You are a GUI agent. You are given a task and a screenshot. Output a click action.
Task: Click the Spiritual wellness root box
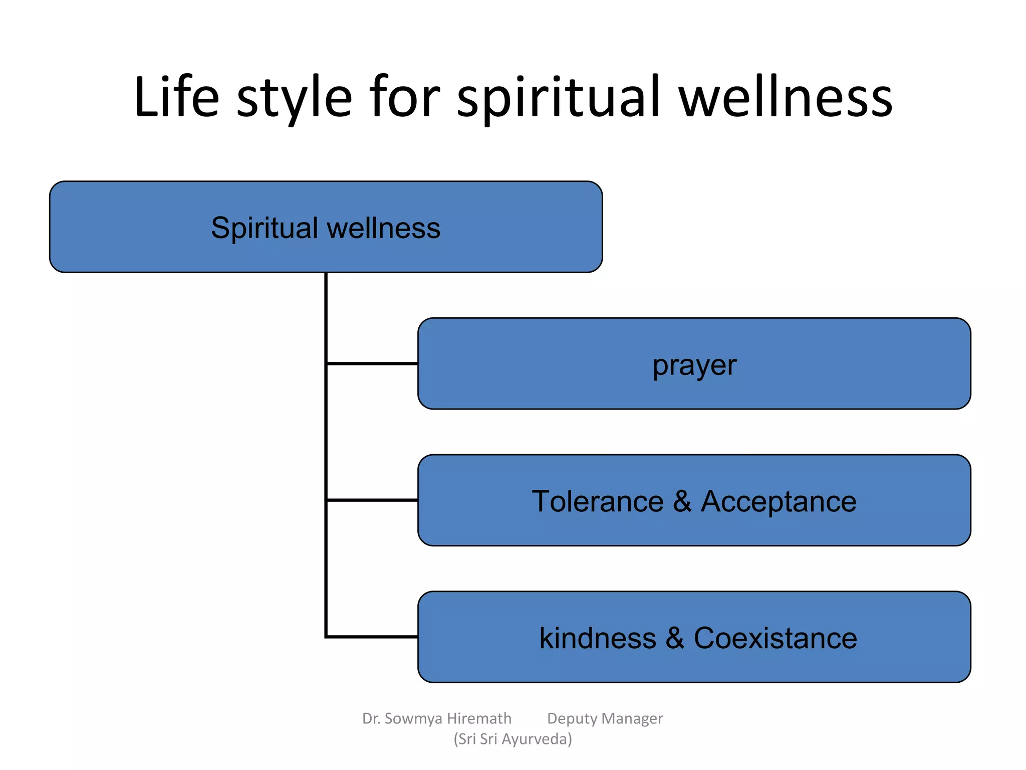[x=326, y=227]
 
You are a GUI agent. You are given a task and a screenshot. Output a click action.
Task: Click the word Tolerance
[x=597, y=501]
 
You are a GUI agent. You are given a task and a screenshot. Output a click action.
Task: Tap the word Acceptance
[x=779, y=501]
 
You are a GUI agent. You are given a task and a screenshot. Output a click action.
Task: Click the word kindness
[x=597, y=638]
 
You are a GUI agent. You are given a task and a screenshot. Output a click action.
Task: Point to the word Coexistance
[x=775, y=638]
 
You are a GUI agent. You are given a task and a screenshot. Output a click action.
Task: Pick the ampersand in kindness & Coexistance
[x=675, y=638]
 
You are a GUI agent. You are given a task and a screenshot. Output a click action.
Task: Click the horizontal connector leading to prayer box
[x=372, y=363]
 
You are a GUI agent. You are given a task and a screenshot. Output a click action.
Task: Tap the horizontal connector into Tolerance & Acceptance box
[x=372, y=500]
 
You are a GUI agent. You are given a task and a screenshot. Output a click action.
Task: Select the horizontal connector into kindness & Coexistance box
[x=372, y=637]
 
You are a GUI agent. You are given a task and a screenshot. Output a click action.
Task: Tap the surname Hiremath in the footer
[x=479, y=718]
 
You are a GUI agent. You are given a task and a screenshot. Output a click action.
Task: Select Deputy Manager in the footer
[x=605, y=718]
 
